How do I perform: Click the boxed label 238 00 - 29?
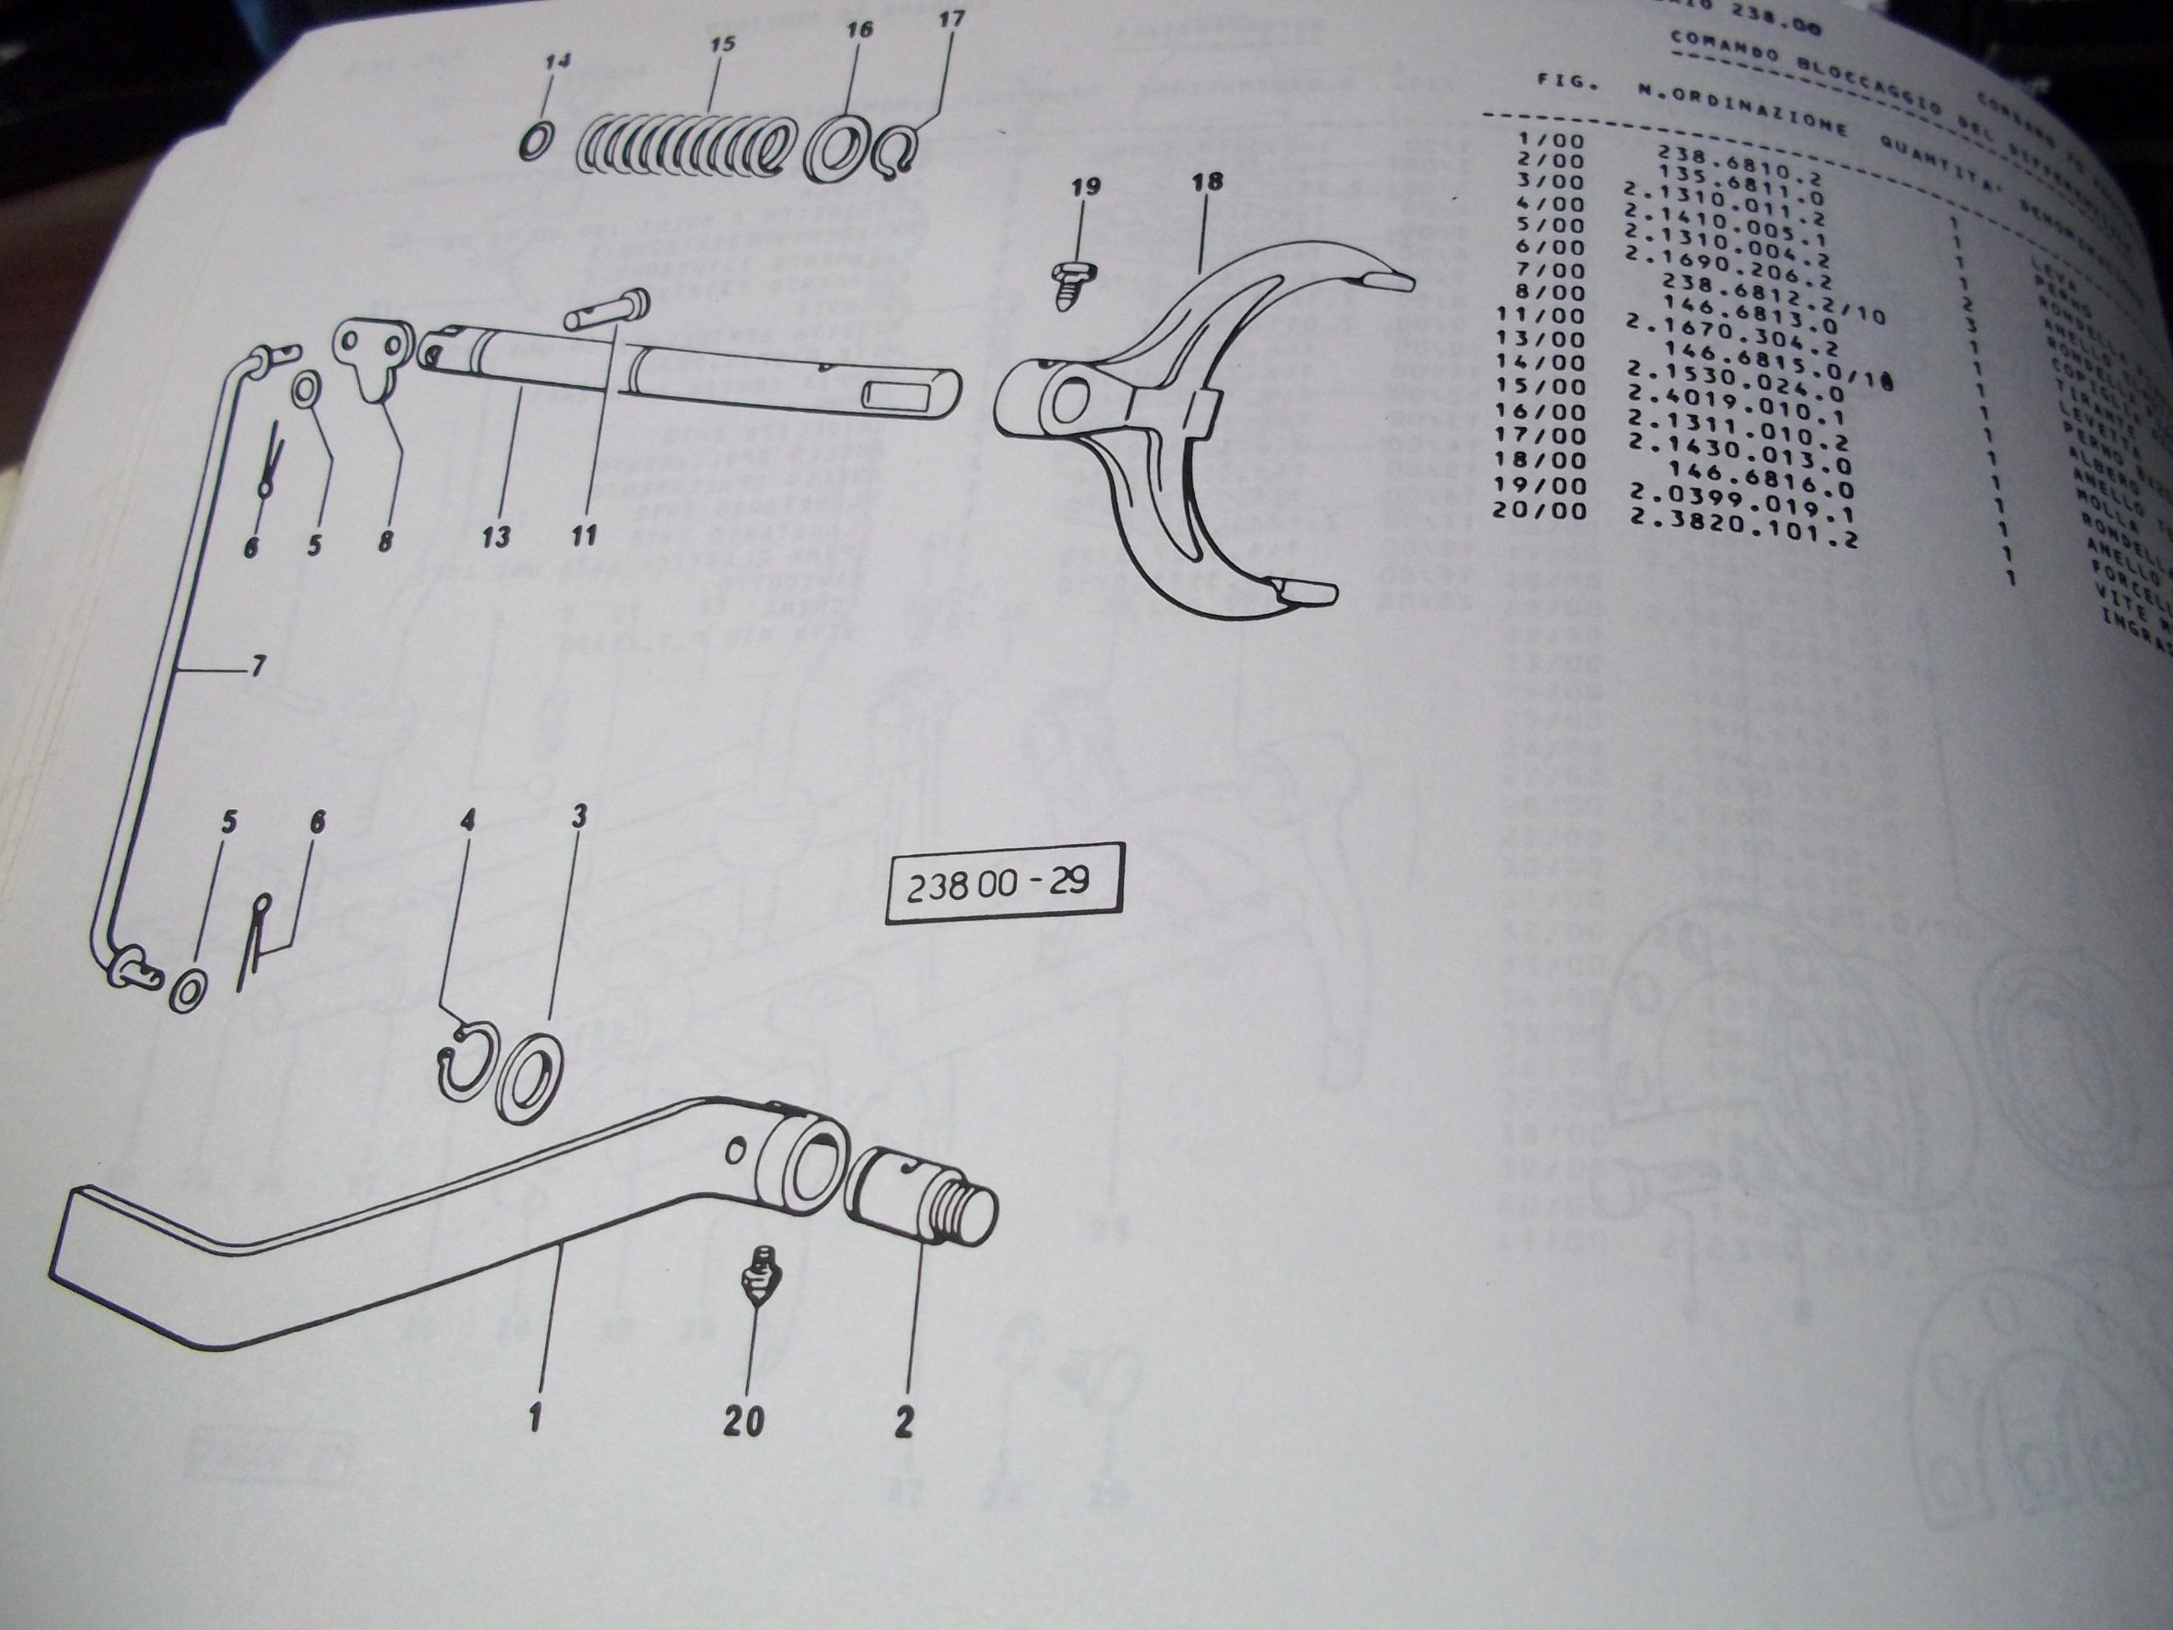[x=1002, y=882]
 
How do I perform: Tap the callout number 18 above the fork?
[x=1207, y=182]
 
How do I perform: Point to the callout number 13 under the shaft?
[x=496, y=537]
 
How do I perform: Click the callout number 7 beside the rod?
[x=257, y=667]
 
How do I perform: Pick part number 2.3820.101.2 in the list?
[x=1743, y=529]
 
